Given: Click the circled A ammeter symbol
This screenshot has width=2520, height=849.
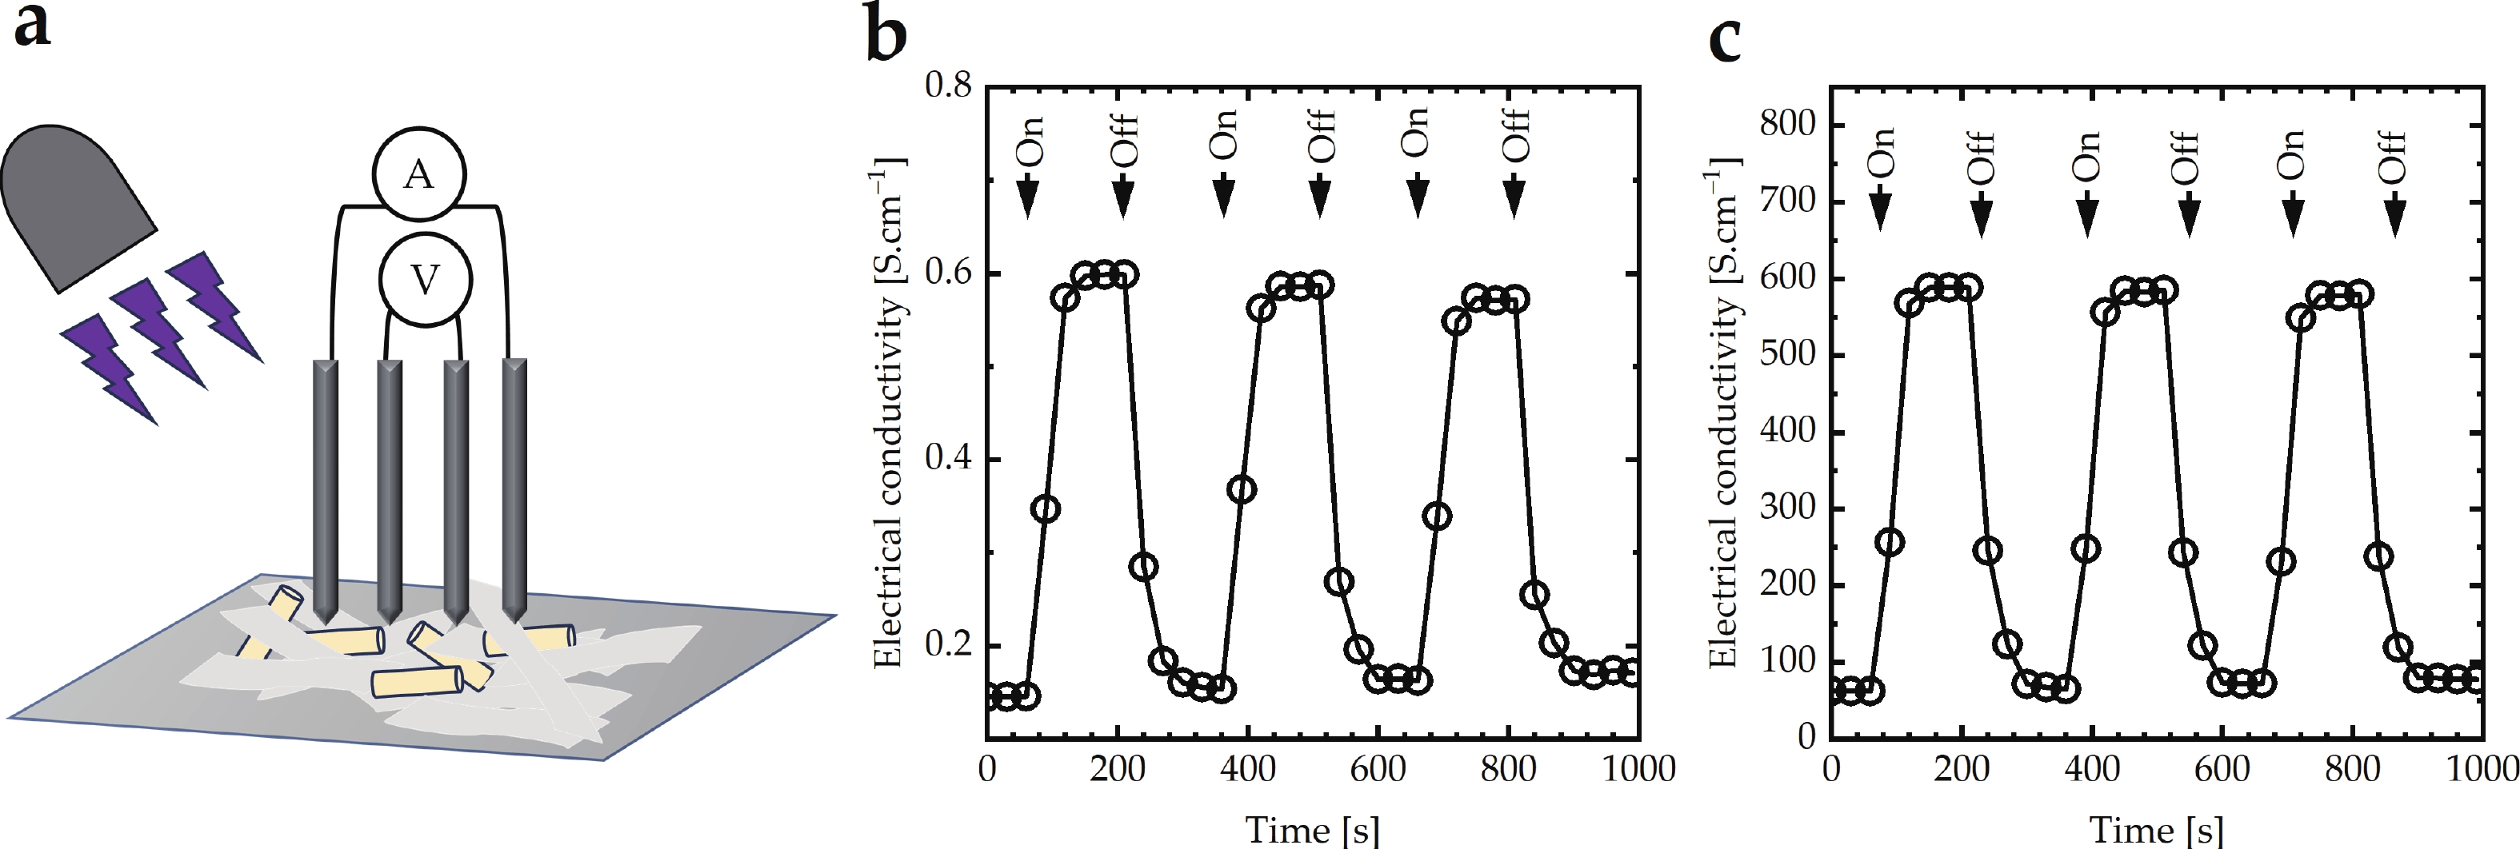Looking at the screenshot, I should coord(418,174).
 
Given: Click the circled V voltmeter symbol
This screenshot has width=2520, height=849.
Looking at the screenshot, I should coord(425,281).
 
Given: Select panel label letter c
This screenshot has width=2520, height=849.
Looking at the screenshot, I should coord(1725,39).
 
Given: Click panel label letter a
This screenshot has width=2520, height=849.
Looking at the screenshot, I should coord(31,26).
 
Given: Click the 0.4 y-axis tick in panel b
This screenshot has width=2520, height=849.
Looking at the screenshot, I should coord(948,459).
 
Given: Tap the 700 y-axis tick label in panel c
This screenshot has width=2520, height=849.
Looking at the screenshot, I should coord(1787,201).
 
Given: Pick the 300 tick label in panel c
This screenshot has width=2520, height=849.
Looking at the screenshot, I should coord(1787,508).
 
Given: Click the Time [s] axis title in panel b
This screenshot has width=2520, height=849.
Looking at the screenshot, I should coord(1312,830).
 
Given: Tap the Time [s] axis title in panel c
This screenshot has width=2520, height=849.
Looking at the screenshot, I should coord(2156,830).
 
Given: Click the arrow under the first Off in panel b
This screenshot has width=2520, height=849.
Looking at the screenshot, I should coord(1123,196).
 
